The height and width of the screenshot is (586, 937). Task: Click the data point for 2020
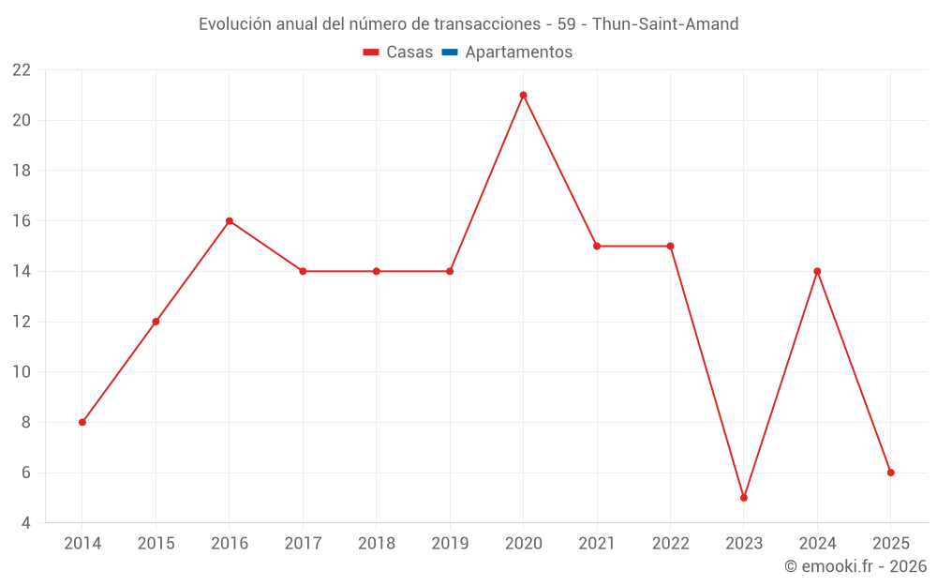click(523, 95)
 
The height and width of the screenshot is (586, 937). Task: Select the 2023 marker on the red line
click(744, 498)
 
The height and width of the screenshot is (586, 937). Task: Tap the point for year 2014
click(82, 422)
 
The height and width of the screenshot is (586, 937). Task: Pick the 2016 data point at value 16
click(230, 221)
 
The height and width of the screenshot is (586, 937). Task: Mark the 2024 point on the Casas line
click(817, 271)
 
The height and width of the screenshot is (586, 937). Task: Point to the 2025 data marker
click(891, 473)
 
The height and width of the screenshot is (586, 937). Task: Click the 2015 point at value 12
click(156, 322)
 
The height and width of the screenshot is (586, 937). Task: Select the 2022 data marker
click(670, 246)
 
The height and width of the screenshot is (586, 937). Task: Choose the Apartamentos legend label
click(518, 53)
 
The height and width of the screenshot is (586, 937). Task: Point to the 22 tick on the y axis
click(22, 70)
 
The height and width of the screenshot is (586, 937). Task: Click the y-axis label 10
click(22, 372)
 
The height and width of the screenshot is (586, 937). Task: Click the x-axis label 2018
click(377, 544)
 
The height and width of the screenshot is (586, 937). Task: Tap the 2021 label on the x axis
click(597, 544)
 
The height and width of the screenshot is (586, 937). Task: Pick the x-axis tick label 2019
click(450, 544)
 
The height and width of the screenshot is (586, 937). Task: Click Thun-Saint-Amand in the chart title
click(665, 23)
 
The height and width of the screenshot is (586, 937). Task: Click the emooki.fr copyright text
click(855, 566)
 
